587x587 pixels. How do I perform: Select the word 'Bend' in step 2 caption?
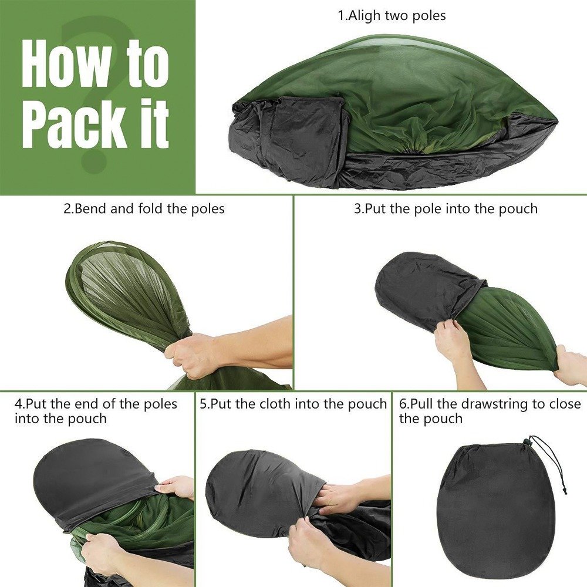coord(90,208)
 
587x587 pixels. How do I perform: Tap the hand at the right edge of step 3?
coord(569,364)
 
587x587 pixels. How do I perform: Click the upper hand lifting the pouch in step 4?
coord(175,487)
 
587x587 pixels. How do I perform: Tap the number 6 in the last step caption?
coord(403,404)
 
